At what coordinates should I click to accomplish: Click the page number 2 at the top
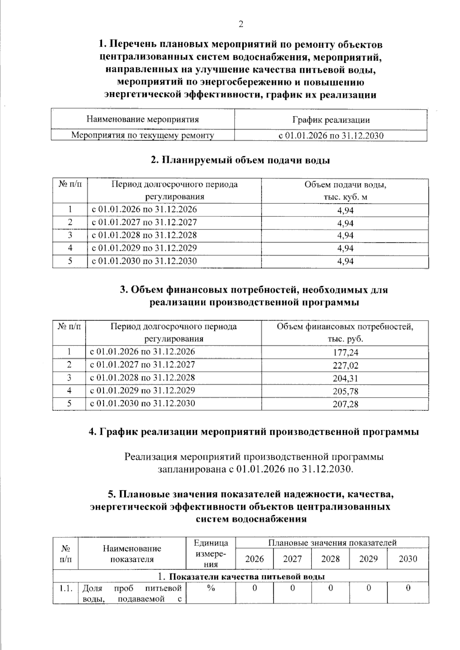click(x=240, y=24)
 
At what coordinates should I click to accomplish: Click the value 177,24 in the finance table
click(x=345, y=352)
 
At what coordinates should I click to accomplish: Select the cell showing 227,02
click(x=345, y=365)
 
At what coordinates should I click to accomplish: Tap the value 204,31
click(x=345, y=378)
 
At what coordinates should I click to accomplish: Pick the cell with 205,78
click(x=345, y=391)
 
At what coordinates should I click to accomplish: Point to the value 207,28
click(x=345, y=404)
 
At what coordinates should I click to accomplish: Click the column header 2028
click(x=330, y=559)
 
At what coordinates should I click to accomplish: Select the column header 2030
click(x=407, y=559)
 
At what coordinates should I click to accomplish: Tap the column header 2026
click(x=254, y=559)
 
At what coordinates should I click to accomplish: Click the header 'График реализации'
click(x=331, y=120)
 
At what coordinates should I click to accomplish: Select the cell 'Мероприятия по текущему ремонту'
click(x=143, y=135)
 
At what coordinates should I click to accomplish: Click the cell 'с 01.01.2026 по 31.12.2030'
click(x=331, y=136)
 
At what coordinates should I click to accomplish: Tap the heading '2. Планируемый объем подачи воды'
click(x=240, y=160)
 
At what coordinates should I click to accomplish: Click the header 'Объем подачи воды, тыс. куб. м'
click(x=345, y=191)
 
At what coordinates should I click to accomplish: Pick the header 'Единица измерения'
click(x=210, y=553)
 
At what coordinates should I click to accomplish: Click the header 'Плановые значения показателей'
click(x=332, y=542)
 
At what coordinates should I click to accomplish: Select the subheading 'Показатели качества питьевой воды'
click(x=242, y=576)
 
